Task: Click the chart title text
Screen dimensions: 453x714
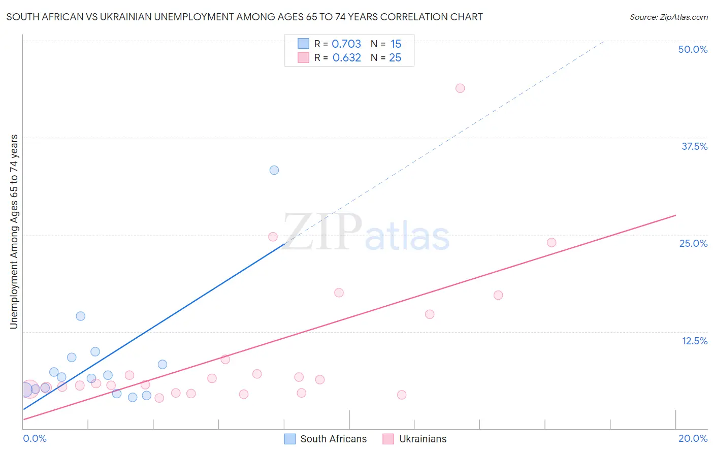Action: [x=244, y=17]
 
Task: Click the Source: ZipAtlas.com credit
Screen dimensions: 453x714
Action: [x=668, y=17]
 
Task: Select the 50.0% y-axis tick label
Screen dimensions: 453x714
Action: [x=693, y=49]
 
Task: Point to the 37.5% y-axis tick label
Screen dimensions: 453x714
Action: [x=694, y=146]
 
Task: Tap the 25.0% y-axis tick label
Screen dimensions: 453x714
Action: [x=693, y=243]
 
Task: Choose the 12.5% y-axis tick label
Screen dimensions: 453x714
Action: [x=694, y=341]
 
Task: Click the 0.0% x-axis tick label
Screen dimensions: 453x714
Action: [x=35, y=438]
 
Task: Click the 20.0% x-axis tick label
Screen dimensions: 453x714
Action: [x=693, y=438]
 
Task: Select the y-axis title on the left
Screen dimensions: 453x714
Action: [x=14, y=232]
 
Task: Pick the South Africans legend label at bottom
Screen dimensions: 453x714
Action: [x=333, y=439]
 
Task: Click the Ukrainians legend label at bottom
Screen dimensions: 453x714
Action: [x=423, y=439]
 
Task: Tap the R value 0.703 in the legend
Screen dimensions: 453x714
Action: [x=346, y=44]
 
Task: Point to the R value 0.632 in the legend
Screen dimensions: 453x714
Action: [x=346, y=58]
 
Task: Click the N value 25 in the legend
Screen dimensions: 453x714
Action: [x=395, y=58]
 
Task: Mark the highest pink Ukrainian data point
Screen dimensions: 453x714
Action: [x=460, y=88]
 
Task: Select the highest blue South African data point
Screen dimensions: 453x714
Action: [x=274, y=170]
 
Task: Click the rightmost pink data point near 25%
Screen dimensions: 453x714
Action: [x=551, y=243]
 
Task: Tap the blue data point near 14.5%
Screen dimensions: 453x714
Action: [x=81, y=316]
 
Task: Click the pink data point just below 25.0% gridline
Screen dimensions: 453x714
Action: [x=273, y=237]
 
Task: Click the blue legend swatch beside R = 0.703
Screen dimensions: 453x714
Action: [x=303, y=44]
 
